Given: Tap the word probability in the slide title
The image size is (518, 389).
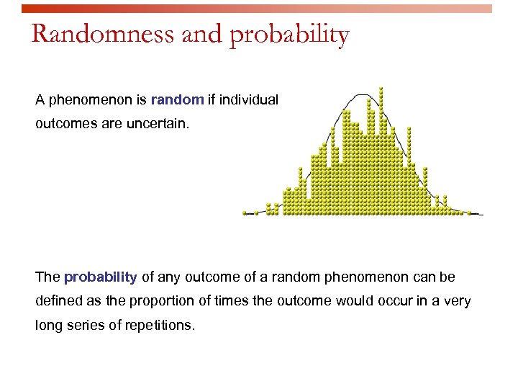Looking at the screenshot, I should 289,35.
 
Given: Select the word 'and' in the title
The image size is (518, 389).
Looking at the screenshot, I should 202,34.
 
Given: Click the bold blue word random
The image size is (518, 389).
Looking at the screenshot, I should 178,99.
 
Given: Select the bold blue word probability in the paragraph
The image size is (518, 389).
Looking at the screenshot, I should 100,277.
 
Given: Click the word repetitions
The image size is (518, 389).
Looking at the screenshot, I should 160,325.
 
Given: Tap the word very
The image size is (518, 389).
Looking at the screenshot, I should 457,300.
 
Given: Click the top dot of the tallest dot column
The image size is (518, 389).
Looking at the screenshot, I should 381,89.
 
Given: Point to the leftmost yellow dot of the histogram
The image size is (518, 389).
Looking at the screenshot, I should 245,213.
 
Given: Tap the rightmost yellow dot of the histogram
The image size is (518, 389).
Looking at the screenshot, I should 469,213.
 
